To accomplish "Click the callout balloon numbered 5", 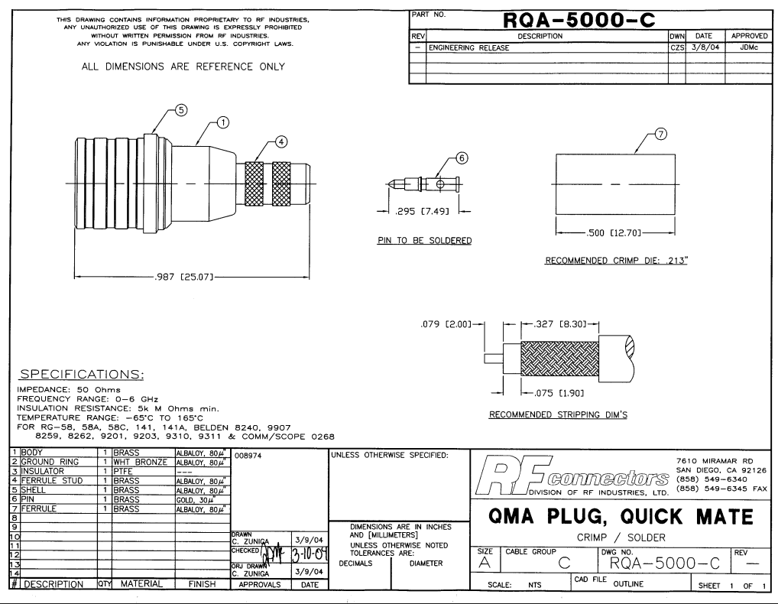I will point(181,109).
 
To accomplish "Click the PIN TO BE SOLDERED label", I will point(424,241).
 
